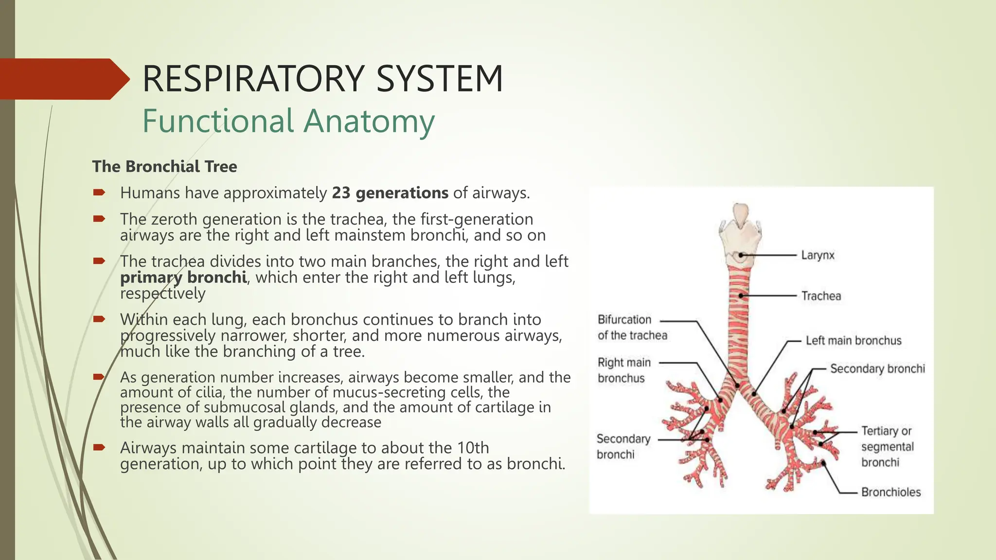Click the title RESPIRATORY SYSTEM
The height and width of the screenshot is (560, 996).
pyautogui.click(x=322, y=79)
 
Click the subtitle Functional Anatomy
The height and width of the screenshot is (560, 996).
pyautogui.click(x=288, y=121)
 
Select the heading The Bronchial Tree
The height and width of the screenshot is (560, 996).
pyautogui.click(x=164, y=167)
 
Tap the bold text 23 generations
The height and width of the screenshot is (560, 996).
pyautogui.click(x=390, y=193)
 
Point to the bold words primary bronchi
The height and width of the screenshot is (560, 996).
pyautogui.click(x=183, y=278)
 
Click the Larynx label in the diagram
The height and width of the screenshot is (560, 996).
pyautogui.click(x=818, y=255)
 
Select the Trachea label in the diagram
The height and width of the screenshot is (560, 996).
pyautogui.click(x=821, y=296)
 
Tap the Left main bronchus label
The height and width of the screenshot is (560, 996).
pyautogui.click(x=853, y=341)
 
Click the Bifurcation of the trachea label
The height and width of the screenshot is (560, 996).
pyautogui.click(x=632, y=328)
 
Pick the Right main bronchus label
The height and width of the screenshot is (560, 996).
pyautogui.click(x=623, y=370)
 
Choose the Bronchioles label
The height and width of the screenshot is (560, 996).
pyautogui.click(x=890, y=492)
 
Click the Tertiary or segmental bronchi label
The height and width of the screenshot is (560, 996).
pyautogui.click(x=887, y=447)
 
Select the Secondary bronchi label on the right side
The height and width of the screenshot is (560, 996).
pyautogui.click(x=877, y=369)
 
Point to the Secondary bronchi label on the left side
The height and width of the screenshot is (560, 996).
pyautogui.click(x=622, y=447)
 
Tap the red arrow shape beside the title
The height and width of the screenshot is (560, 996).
pyautogui.click(x=63, y=79)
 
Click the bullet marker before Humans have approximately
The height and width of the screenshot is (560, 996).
pyautogui.click(x=99, y=193)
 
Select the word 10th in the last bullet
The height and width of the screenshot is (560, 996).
pyautogui.click(x=473, y=448)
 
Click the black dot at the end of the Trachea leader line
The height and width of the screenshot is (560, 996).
pyautogui.click(x=741, y=296)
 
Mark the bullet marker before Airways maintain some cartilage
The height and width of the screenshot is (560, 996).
pyautogui.click(x=99, y=447)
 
